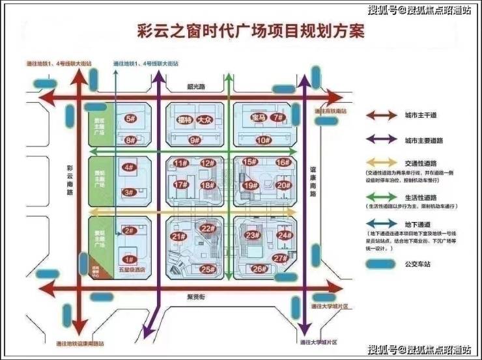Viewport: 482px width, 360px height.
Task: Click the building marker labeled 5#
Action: tap(130, 119)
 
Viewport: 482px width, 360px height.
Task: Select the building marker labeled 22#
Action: tap(208, 228)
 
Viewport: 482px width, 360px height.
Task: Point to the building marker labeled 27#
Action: tap(281, 258)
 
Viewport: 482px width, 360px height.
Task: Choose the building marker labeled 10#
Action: tap(262, 140)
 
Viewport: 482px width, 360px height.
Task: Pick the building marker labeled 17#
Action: tap(180, 185)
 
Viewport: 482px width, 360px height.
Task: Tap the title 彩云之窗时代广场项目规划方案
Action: tap(251, 31)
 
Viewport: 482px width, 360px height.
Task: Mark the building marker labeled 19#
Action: tap(249, 186)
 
